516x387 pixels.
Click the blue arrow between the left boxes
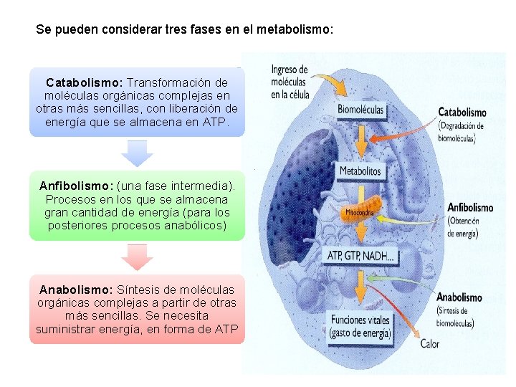(x=137, y=153)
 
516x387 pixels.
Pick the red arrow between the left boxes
(x=137, y=257)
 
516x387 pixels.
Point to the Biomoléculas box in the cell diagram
(x=360, y=110)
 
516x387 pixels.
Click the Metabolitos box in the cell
(x=360, y=171)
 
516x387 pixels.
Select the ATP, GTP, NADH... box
(x=360, y=256)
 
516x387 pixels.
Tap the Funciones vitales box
(x=360, y=326)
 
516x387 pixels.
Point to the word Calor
(x=430, y=344)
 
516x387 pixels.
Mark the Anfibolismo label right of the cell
(x=470, y=208)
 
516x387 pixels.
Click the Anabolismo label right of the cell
(x=459, y=297)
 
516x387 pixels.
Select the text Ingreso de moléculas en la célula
(x=290, y=82)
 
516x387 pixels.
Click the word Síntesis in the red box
(x=140, y=290)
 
